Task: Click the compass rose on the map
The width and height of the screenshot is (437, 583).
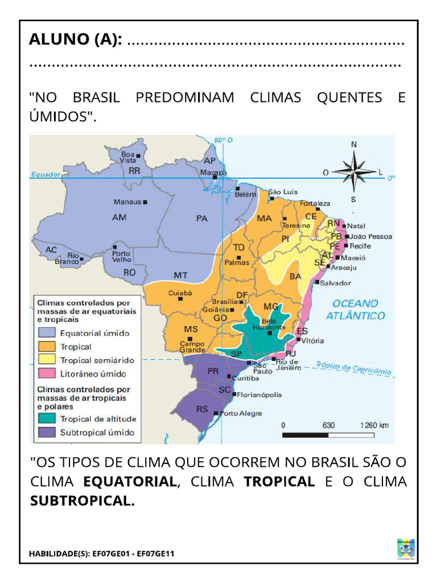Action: (354, 171)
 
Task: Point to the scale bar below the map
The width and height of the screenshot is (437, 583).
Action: (328, 436)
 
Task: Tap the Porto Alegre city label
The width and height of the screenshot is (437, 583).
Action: (241, 413)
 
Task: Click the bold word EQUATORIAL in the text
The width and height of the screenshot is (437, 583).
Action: (130, 482)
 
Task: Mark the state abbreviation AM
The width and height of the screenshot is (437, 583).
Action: (119, 217)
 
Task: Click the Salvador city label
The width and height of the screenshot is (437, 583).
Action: (335, 283)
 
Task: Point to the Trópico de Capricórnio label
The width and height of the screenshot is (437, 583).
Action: (353, 368)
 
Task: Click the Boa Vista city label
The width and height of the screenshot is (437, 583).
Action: (128, 157)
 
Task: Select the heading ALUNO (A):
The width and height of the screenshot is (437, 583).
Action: (76, 41)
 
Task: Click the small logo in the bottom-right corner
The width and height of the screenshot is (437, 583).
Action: (405, 548)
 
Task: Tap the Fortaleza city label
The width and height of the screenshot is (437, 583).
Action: (315, 203)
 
